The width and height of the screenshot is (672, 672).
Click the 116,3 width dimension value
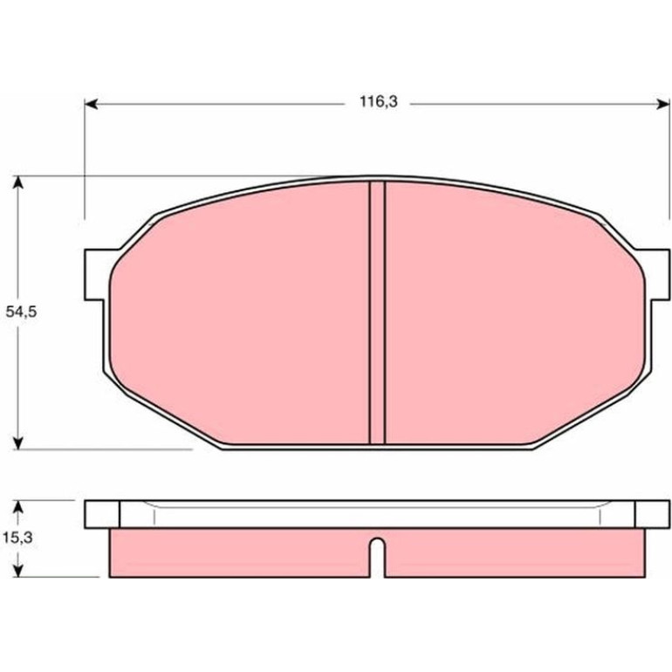[379, 102]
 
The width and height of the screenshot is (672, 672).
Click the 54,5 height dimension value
[21, 312]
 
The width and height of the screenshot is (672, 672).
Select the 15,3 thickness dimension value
[17, 538]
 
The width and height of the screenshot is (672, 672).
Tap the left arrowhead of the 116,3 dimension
[91, 104]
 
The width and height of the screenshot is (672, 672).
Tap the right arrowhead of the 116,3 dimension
[663, 104]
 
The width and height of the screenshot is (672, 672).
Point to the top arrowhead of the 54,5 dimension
[17, 182]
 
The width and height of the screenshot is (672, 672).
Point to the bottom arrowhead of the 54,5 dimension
[17, 442]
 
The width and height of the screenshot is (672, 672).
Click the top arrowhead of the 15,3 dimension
[17, 507]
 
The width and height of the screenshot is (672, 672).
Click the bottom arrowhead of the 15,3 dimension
[17, 571]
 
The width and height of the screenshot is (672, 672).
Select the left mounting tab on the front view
[96, 275]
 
